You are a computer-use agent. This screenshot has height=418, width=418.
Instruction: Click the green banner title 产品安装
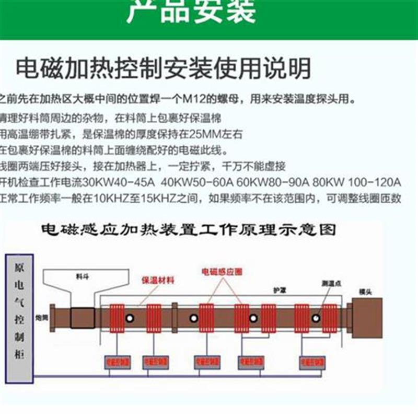pyautogui.click(x=191, y=11)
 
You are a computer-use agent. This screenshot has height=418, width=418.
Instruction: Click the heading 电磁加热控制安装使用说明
pyautogui.click(x=163, y=69)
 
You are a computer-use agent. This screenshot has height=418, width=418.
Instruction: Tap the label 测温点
pyautogui.click(x=330, y=283)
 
